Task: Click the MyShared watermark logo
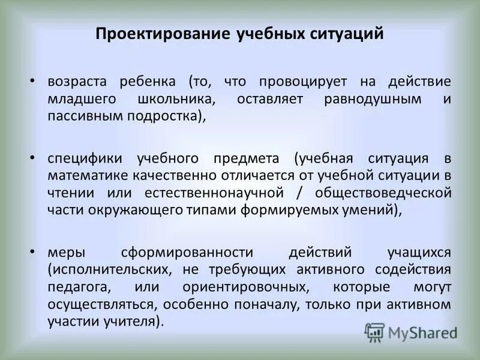point(410,332)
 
